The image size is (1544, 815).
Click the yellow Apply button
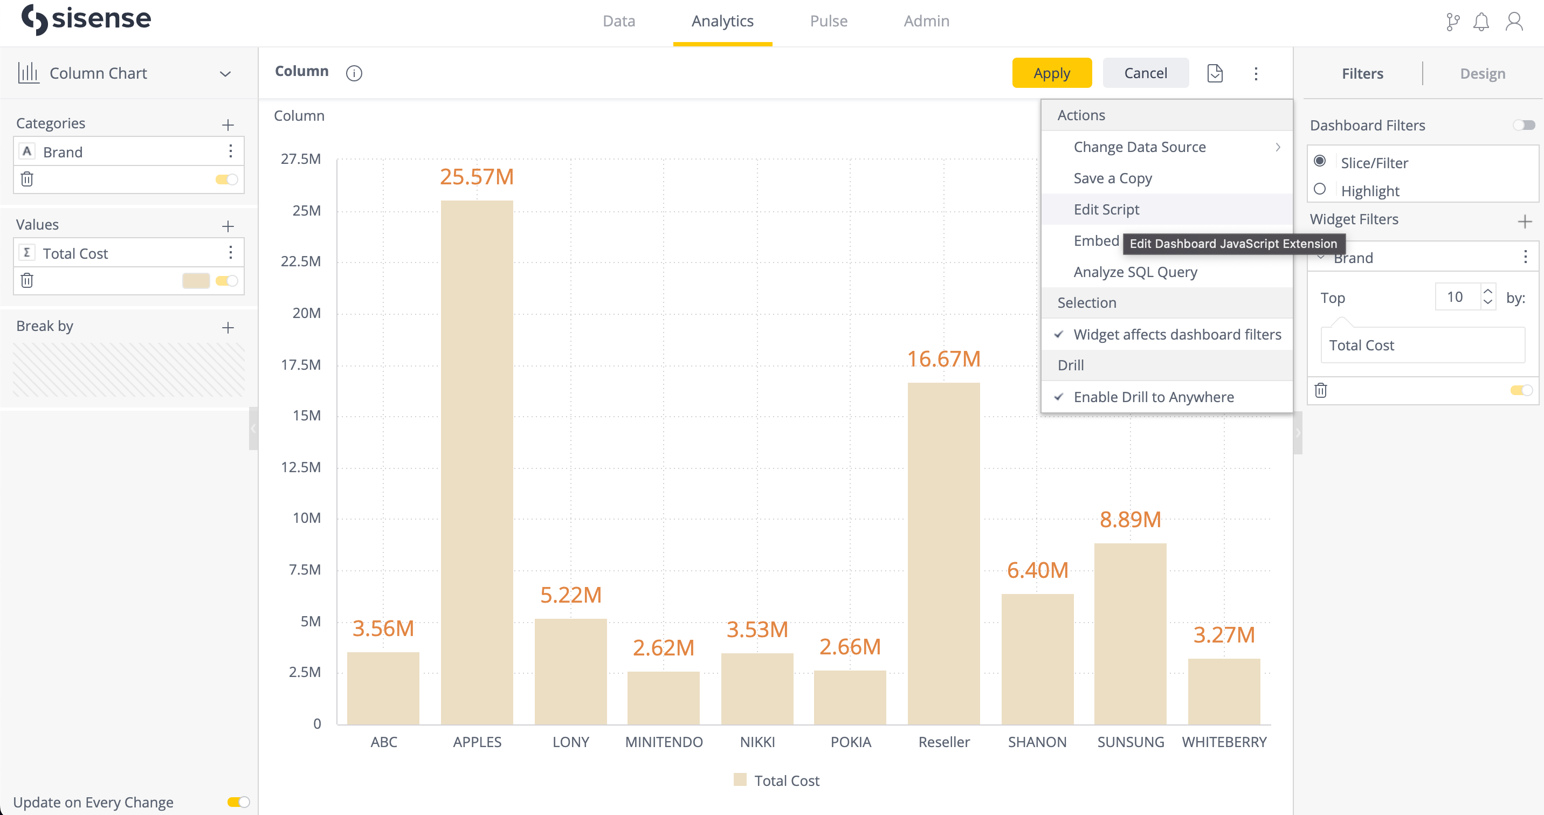tap(1051, 73)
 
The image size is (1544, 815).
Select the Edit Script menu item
tap(1106, 209)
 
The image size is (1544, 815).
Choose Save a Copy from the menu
tap(1113, 178)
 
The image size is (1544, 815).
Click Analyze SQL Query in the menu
tap(1135, 272)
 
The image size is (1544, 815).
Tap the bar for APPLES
tap(477, 461)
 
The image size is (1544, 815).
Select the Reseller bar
tap(943, 551)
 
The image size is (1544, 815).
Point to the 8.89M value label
tap(1130, 519)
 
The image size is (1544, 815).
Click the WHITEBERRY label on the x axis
tap(1224, 742)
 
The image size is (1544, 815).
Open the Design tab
tap(1482, 74)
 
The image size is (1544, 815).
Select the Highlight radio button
tap(1319, 189)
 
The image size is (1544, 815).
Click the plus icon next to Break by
tap(228, 327)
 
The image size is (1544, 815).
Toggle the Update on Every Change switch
tap(238, 802)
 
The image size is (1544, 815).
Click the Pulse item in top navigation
tap(829, 21)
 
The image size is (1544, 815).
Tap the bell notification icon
tap(1480, 22)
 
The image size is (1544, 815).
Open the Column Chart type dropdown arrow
tap(225, 74)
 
